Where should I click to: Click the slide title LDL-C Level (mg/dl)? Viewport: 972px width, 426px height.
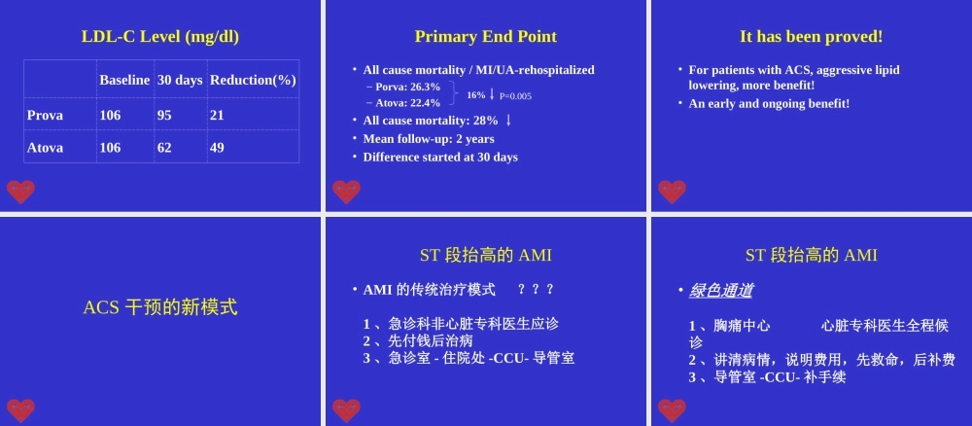160,37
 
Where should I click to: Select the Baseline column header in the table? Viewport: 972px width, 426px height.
124,80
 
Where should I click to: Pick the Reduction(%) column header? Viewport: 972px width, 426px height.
253,80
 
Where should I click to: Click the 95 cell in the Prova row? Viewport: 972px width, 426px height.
164,115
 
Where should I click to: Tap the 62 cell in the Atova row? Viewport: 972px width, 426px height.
164,148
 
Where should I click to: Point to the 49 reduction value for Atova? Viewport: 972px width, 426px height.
217,148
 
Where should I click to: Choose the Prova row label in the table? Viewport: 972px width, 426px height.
45,115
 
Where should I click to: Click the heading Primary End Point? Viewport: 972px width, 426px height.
486,37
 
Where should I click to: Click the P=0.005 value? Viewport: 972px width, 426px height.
515,96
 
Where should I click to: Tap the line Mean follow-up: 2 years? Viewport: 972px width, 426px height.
429,139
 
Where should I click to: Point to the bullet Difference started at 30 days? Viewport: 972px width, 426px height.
440,157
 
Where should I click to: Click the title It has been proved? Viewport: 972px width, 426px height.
812,37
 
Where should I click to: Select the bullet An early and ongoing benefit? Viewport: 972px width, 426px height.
769,103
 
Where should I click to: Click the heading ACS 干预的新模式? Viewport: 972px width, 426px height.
160,307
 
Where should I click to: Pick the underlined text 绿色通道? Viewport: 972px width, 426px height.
720,290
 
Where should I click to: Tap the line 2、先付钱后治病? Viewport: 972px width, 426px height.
417,340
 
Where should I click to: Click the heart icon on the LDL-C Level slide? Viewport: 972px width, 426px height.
20,192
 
